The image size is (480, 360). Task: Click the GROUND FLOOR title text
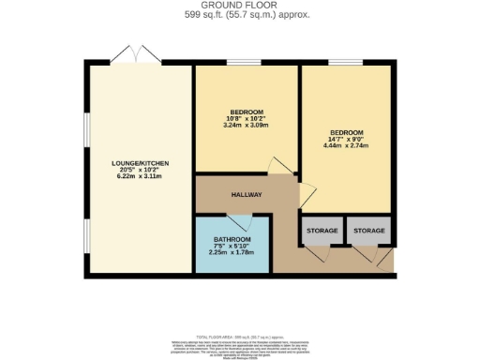(x=240, y=6)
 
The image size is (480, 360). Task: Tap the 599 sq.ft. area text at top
(x=240, y=15)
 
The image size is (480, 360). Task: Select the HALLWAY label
(x=247, y=195)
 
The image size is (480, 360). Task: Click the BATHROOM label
(x=232, y=240)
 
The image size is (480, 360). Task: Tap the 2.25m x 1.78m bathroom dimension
(x=232, y=252)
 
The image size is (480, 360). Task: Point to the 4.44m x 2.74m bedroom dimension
(x=343, y=145)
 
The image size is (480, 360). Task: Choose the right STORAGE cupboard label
(x=369, y=230)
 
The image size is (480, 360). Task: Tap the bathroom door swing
(x=240, y=223)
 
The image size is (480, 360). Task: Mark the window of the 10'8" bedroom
(x=243, y=63)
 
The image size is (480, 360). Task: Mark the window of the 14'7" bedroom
(x=343, y=63)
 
